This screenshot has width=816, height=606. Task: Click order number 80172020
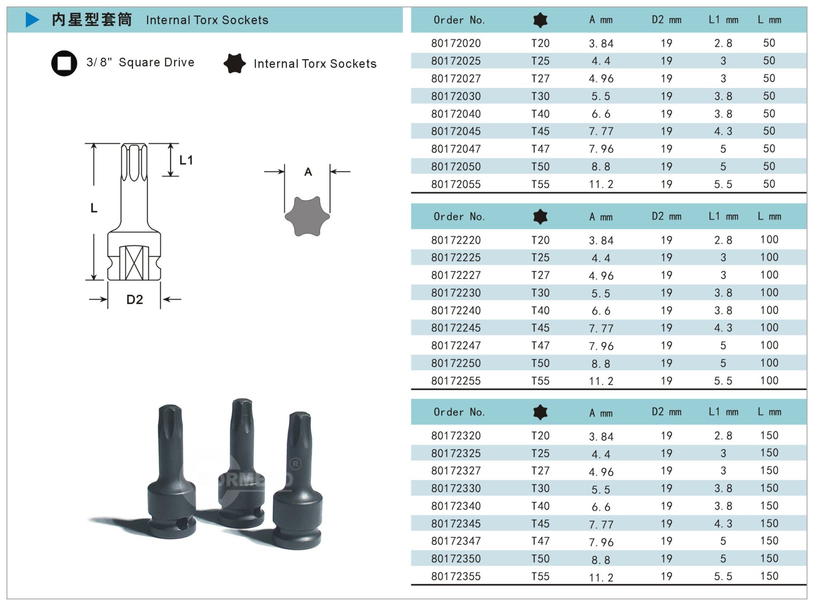[456, 43]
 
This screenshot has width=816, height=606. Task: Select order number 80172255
[456, 381]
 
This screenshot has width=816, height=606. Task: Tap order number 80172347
[456, 541]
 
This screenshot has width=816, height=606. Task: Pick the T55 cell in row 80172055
[540, 184]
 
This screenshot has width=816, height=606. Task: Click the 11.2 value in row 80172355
[601, 577]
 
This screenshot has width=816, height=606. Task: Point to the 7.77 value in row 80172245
[601, 328]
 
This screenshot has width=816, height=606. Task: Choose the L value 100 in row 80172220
[769, 239]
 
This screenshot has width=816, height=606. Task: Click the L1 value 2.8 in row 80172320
[723, 435]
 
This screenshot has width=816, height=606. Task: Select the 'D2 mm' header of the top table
[666, 20]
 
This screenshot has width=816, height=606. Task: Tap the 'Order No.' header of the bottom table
[459, 412]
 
